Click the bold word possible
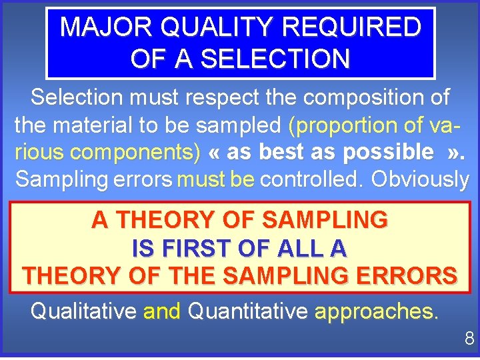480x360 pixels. click(x=387, y=152)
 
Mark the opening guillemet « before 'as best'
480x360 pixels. click(x=215, y=153)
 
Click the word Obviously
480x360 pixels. click(x=420, y=179)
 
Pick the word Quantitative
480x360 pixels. click(x=248, y=311)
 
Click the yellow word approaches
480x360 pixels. click(x=377, y=311)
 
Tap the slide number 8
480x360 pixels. click(x=469, y=339)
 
